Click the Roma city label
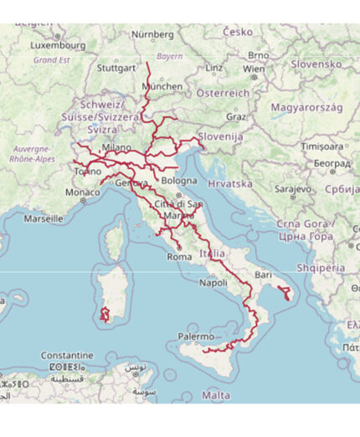coord(180,257)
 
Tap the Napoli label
coord(213,283)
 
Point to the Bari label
coord(265,275)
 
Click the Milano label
coord(116,147)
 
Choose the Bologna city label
coord(179,180)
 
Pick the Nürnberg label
coord(152,34)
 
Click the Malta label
coord(216,394)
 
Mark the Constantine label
coord(68,354)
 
